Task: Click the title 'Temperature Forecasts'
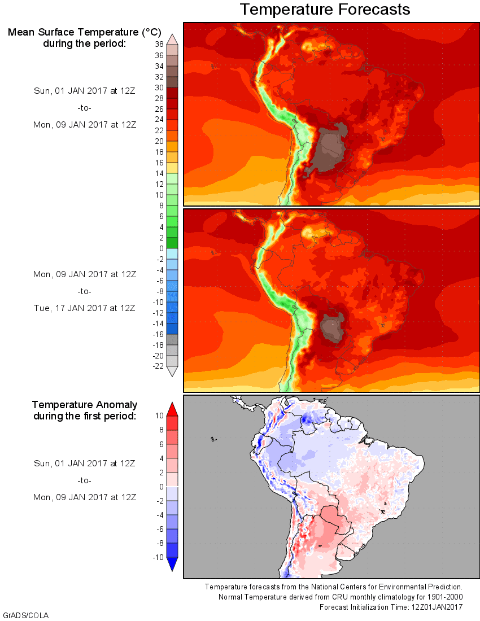325,10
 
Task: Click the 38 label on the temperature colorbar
159,45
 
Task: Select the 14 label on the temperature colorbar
159,173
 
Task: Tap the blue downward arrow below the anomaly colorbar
173,564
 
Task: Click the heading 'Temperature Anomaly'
84,405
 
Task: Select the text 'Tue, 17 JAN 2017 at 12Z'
84,308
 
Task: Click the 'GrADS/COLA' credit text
22,615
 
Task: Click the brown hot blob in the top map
331,145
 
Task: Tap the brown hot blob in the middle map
331,329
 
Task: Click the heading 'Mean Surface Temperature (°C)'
84,32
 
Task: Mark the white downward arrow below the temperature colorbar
173,371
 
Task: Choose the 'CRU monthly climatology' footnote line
342,597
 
